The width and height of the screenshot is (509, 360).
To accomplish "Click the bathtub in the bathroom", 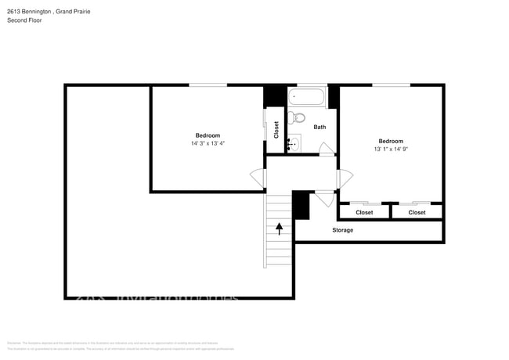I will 306,99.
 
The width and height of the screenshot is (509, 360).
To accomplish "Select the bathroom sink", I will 294,143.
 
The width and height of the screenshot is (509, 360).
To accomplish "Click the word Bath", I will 319,127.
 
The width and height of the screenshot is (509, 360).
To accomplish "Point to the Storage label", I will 342,230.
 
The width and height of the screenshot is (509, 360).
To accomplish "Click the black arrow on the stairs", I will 280,228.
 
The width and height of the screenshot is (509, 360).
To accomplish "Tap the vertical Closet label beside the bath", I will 276,130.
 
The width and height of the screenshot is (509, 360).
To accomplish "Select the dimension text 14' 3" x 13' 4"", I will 208,143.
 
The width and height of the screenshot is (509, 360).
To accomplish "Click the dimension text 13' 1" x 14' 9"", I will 390,149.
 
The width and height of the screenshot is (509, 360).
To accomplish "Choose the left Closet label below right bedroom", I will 364,212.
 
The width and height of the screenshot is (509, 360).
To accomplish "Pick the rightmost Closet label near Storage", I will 417,212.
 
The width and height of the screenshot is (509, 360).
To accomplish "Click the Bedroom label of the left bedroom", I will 208,135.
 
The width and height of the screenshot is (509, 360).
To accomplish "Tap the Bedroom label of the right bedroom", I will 390,141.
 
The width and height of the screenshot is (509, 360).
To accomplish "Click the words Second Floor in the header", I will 24,20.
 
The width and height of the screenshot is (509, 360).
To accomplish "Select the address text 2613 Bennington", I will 28,11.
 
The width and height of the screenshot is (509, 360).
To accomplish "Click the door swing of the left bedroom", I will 258,178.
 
